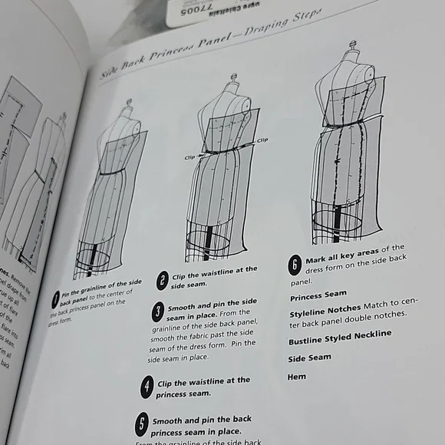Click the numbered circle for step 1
pos(57,297)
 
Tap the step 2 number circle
pos(163,281)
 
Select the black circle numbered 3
pos(157,312)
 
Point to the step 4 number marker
pos(146,387)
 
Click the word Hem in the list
pos(297,377)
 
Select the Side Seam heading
pos(309,358)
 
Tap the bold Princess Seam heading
pos(318,293)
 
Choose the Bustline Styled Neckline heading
pos(340,335)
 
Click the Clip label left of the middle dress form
pos(191,157)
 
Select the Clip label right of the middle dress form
pos(262,140)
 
